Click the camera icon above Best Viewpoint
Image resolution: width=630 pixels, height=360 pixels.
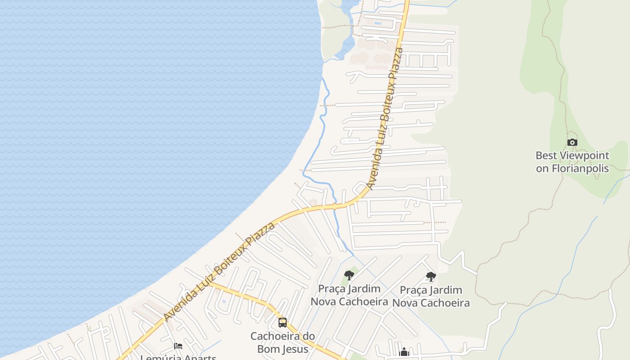pyautogui.click(x=572, y=143)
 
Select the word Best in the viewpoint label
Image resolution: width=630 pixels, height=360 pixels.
pyautogui.click(x=545, y=156)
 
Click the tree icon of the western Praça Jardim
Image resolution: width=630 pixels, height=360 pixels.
pyautogui.click(x=349, y=275)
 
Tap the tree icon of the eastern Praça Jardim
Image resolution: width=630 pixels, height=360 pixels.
pyautogui.click(x=431, y=277)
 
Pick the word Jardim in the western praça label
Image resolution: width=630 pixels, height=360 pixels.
pyautogui.click(x=363, y=288)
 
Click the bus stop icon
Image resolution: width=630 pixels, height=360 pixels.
pyautogui.click(x=283, y=323)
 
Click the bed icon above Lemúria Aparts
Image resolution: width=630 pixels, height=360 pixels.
pyautogui.click(x=178, y=346)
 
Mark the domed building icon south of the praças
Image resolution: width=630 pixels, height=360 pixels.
pyautogui.click(x=404, y=352)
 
